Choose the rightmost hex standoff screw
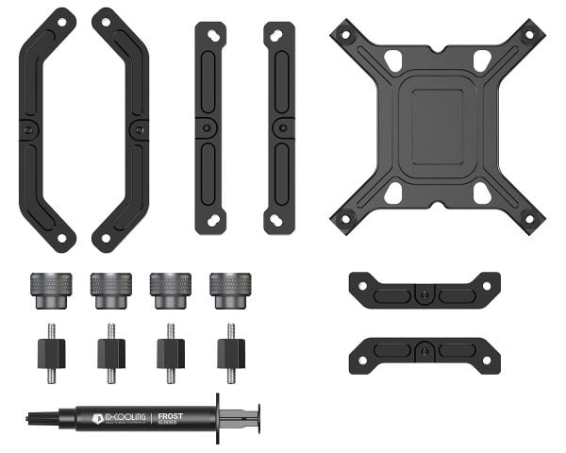click(231, 352)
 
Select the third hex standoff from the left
click(171, 352)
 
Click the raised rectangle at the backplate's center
click(437, 126)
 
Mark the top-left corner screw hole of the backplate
click(346, 35)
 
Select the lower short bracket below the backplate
click(424, 352)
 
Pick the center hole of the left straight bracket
click(210, 127)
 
